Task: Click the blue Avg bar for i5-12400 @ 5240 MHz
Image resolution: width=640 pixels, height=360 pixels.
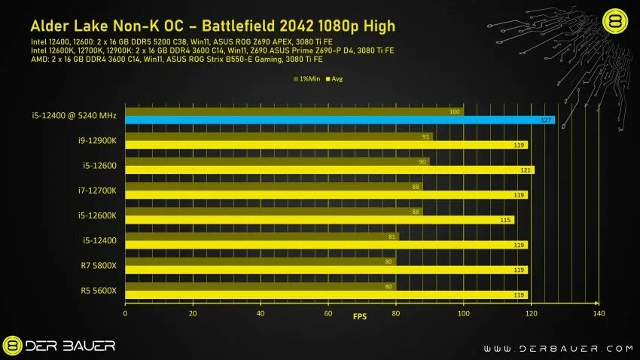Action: [339, 120]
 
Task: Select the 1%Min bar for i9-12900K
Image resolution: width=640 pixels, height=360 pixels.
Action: [279, 136]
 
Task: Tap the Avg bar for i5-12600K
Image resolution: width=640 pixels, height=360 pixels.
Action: [319, 220]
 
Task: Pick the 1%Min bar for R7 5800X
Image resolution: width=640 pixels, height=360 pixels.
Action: [260, 261]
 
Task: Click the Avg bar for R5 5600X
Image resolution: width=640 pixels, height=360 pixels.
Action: [325, 294]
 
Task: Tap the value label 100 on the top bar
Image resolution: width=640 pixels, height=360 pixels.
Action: [454, 111]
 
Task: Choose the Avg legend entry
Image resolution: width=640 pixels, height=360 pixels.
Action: [334, 78]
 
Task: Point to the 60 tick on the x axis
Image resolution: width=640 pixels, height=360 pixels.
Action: [328, 313]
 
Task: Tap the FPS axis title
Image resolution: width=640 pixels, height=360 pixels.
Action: [361, 317]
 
